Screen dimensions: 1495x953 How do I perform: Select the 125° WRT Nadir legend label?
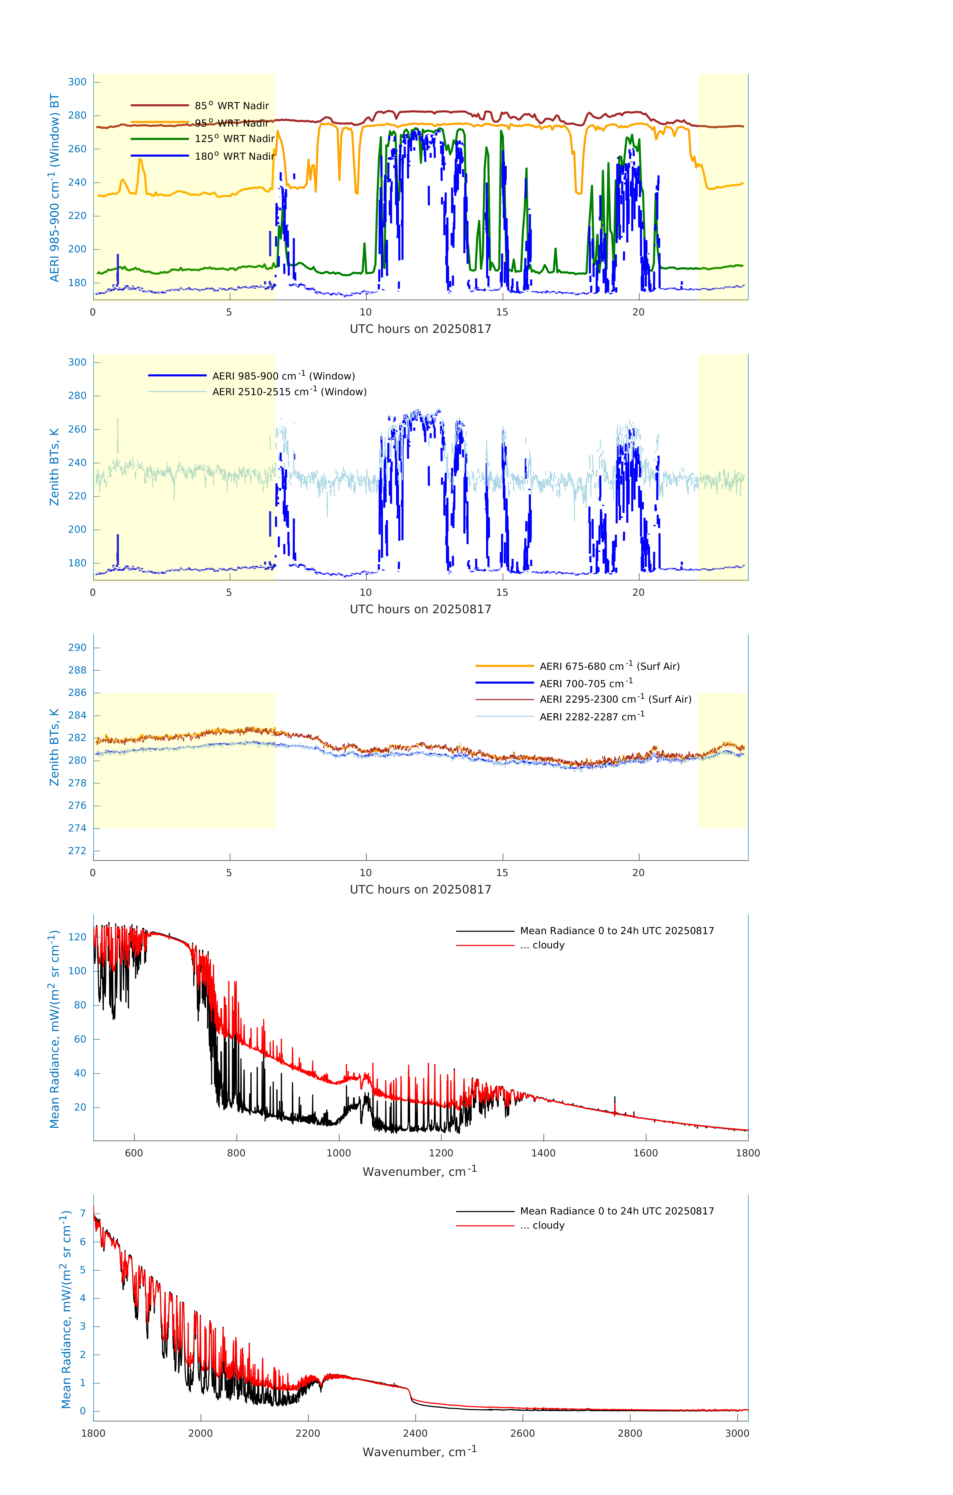click(234, 139)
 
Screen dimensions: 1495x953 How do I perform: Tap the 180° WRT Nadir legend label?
click(234, 156)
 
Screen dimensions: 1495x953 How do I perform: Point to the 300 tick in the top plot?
click(77, 82)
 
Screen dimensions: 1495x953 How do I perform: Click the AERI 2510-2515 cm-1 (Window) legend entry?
click(289, 392)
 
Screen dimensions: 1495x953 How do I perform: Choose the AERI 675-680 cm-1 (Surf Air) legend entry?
click(609, 666)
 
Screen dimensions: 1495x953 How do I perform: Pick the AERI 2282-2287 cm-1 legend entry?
click(592, 716)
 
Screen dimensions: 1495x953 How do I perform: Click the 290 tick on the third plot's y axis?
click(77, 648)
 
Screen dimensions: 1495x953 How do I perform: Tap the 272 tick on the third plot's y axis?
click(77, 851)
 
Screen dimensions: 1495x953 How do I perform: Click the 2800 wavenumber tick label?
click(630, 1433)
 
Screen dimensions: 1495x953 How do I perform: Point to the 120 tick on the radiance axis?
click(77, 937)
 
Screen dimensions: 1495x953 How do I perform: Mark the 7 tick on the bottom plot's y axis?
click(82, 1214)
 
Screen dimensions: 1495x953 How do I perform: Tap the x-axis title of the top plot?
click(420, 329)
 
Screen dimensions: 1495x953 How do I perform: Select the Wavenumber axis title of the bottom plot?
click(420, 1452)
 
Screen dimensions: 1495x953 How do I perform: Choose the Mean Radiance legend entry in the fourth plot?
click(616, 931)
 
